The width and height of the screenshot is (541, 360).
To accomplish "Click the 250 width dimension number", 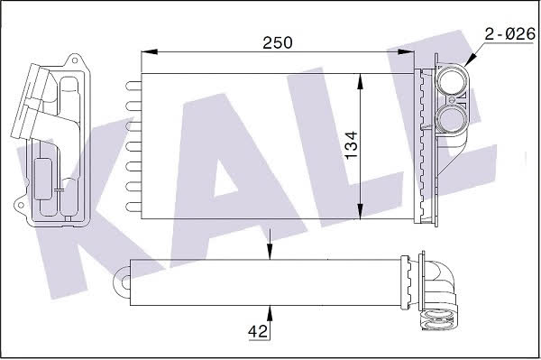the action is click(278, 42).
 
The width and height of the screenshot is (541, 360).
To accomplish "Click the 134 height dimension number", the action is click(352, 145).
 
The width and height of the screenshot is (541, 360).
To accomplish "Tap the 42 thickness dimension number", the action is click(258, 332).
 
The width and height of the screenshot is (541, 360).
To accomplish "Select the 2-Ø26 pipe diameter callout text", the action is click(510, 34).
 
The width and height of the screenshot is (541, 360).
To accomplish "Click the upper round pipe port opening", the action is click(452, 82).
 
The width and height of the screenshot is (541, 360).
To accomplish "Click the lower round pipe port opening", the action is click(452, 118).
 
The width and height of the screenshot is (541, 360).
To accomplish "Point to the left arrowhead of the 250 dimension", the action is click(150, 51).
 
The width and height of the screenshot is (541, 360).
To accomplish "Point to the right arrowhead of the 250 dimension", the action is click(406, 51).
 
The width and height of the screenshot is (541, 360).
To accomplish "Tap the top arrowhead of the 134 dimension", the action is click(360, 82).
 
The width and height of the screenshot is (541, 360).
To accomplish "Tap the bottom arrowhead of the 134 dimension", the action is click(360, 210).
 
